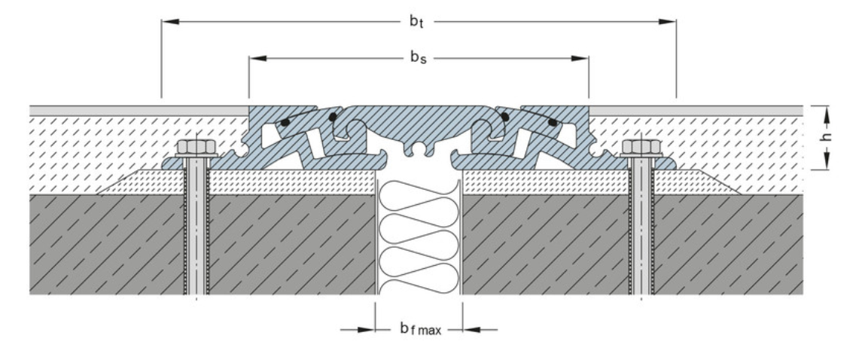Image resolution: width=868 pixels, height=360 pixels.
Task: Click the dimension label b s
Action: pos(419,58)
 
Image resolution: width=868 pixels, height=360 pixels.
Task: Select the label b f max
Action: pos(420,329)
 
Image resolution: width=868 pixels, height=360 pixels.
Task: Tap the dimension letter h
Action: pos(827,138)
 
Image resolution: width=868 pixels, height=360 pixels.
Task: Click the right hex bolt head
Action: pos(638,147)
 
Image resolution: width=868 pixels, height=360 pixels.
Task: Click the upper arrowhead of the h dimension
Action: pos(827,113)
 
